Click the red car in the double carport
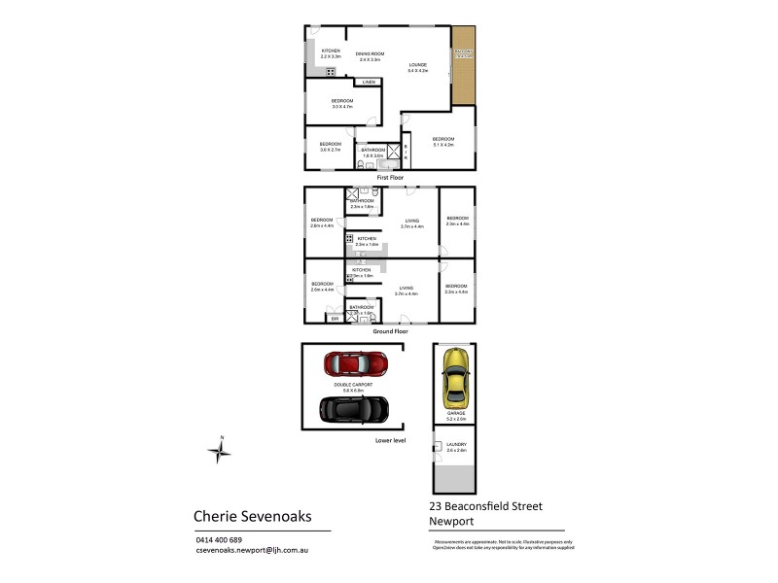coord(355,363)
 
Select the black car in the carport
coord(354,408)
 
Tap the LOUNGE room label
coord(417,66)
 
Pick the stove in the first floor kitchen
coord(331,72)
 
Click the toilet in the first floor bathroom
coord(361,164)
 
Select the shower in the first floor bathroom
coord(393,152)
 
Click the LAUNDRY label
coord(455,445)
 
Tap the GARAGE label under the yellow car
coord(455,414)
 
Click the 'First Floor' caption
coord(389,178)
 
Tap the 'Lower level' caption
coord(390,439)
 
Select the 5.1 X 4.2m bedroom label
coord(442,141)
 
